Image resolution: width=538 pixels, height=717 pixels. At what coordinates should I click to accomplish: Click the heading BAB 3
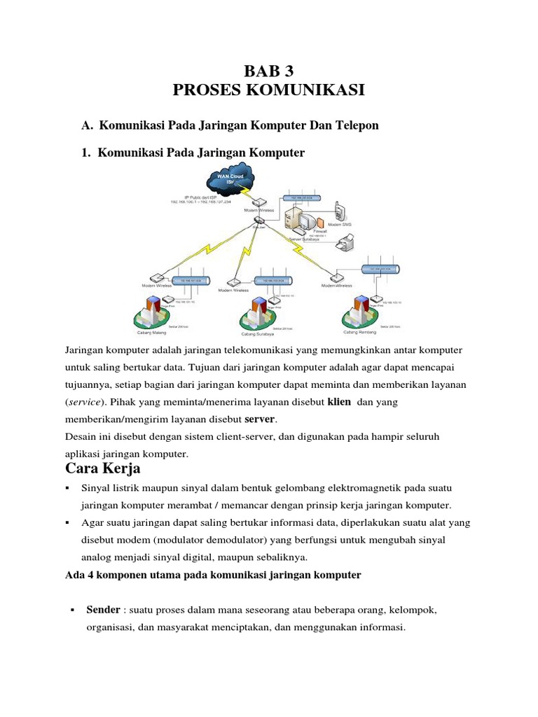[268, 70]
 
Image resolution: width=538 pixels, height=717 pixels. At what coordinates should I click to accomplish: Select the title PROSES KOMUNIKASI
[268, 90]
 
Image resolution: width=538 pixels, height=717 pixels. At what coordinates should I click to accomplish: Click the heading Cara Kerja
[103, 468]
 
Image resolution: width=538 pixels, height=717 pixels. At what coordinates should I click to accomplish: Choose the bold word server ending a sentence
[260, 419]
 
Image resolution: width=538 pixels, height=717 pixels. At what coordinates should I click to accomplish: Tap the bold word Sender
[102, 610]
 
